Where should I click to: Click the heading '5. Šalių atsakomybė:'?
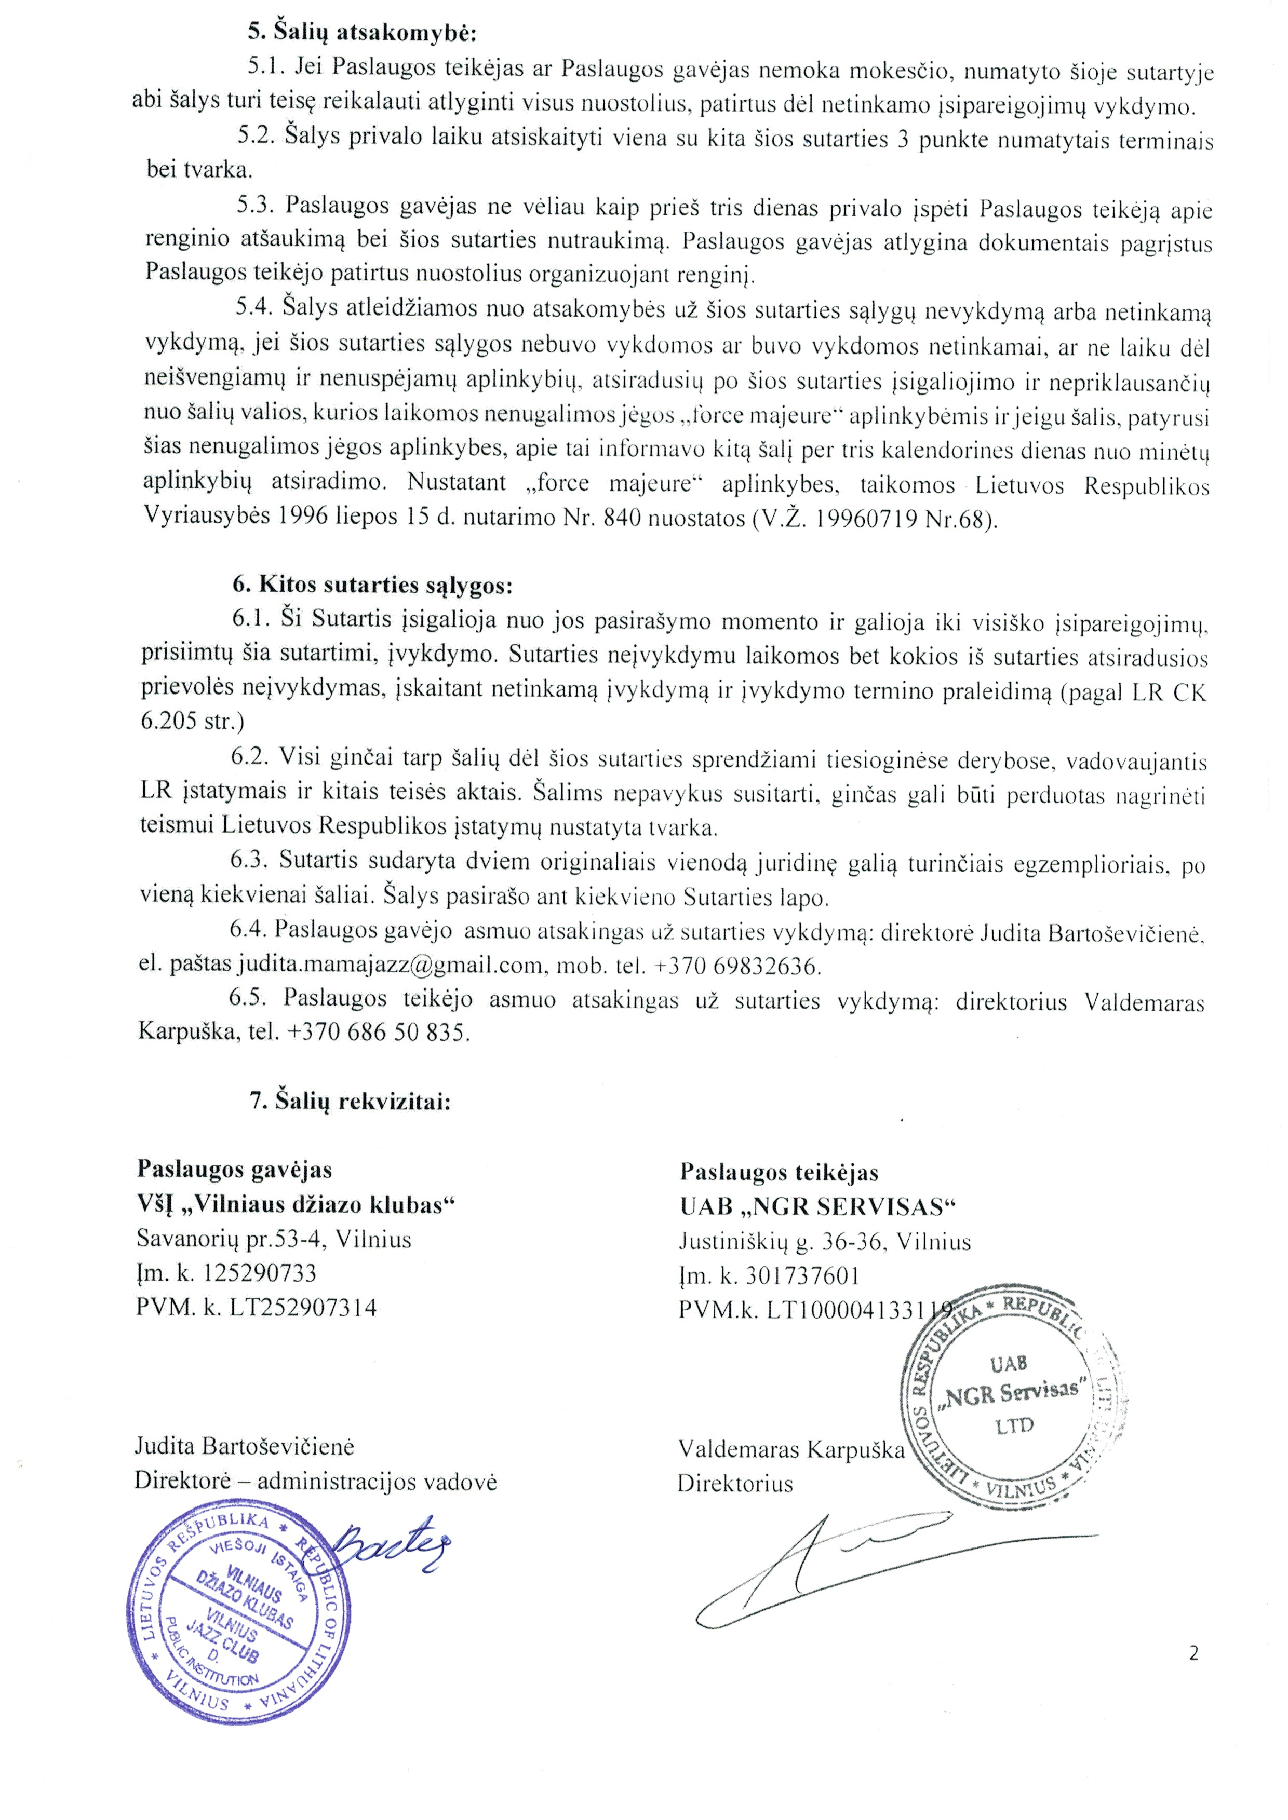tap(361, 33)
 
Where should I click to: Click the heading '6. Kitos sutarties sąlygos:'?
tap(373, 585)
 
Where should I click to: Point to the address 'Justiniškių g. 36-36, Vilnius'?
tap(825, 1241)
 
